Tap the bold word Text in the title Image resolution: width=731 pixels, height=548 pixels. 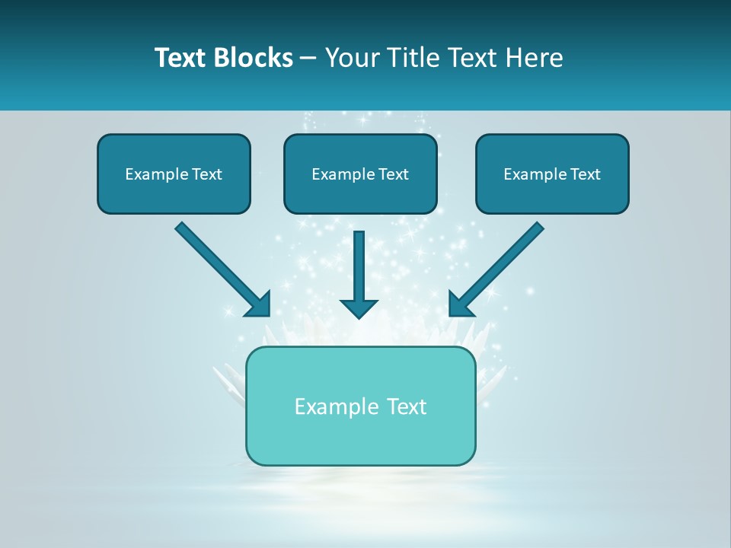pos(183,58)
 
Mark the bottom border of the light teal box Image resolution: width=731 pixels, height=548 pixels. pos(360,464)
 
